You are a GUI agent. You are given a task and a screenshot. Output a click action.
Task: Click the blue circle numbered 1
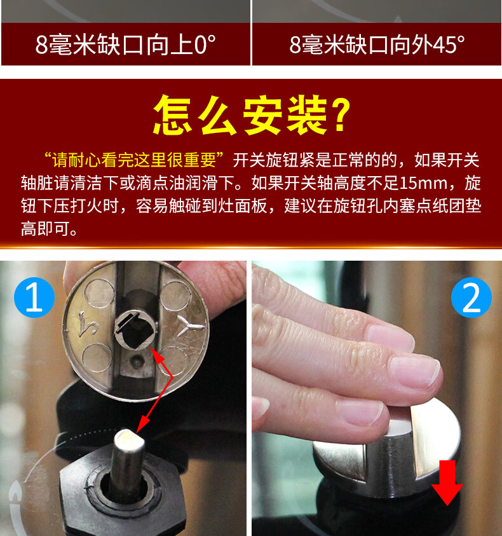point(33,297)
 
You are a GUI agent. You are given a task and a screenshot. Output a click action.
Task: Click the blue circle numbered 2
point(471,297)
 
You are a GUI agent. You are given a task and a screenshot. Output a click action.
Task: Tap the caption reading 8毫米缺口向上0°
point(126,45)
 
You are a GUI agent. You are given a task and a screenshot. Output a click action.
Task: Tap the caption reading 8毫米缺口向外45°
point(377,45)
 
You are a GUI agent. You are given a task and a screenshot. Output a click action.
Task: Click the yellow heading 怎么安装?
point(252,115)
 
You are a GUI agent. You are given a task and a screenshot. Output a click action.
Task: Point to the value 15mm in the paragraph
point(422,184)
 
